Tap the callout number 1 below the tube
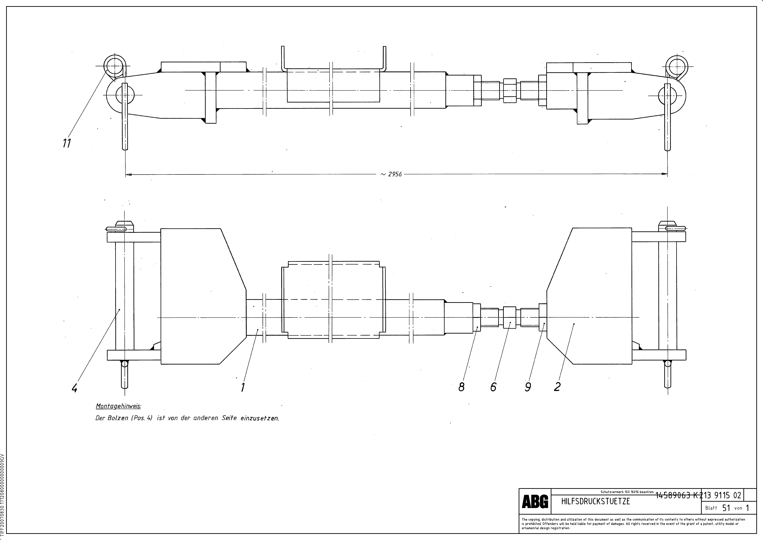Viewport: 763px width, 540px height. point(243,387)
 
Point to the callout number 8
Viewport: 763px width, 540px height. point(461,387)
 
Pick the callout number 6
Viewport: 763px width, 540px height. point(493,387)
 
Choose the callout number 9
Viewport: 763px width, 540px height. point(528,387)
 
